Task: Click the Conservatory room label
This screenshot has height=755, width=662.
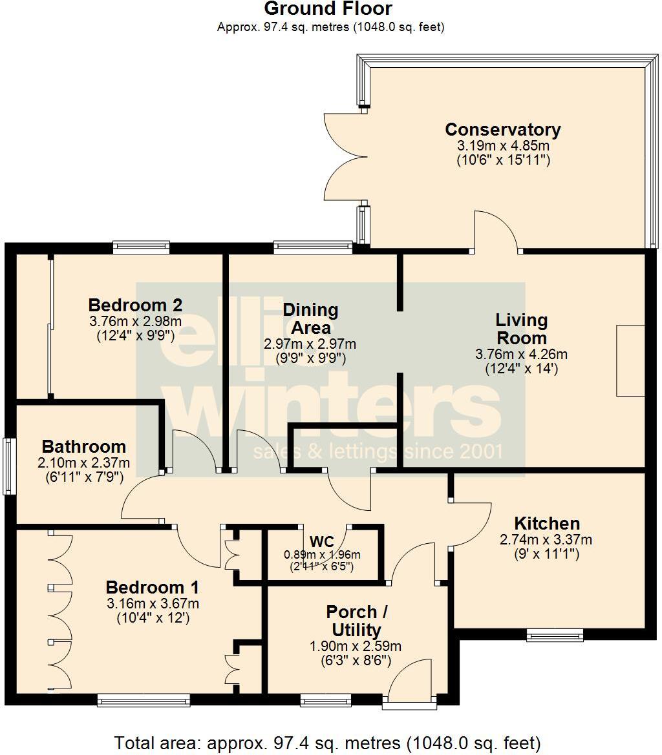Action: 503,129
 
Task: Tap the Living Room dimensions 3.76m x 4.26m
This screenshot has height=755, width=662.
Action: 521,354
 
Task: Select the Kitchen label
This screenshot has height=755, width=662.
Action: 547,523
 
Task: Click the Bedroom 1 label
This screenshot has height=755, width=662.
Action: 152,588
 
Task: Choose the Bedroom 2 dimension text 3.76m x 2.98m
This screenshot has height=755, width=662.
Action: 135,321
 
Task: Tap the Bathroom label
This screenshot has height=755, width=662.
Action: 83,446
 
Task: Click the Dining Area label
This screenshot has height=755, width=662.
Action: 310,318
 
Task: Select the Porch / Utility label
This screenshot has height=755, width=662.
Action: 352,621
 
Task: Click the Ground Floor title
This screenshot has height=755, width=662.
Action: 328,9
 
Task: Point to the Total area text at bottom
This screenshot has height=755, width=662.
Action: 327,742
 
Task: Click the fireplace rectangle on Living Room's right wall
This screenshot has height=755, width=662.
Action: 630,360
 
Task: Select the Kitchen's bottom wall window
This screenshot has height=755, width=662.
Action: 555,636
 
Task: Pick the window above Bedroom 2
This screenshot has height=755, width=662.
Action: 141,246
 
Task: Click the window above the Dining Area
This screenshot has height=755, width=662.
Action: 313,245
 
